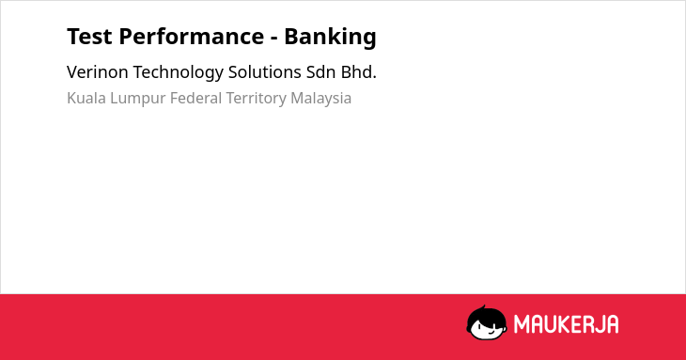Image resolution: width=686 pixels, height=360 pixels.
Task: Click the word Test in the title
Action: point(89,37)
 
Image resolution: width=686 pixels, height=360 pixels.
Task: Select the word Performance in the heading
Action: point(191,37)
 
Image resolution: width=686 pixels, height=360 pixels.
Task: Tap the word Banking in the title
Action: point(330,37)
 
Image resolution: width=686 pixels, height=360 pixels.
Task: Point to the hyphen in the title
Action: point(274,39)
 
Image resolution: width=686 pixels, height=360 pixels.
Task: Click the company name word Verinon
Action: point(97,72)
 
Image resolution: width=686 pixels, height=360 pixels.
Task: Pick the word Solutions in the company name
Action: point(265,72)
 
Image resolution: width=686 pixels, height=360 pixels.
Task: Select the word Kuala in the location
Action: point(86,98)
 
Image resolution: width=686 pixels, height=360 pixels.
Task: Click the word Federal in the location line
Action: point(195,98)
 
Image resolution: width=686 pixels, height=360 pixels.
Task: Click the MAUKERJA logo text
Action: point(566,324)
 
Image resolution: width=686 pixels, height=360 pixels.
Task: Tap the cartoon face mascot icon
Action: point(487,322)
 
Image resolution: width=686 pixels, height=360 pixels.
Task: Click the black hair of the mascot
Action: point(486,315)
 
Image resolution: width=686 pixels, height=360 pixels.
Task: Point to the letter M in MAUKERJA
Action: point(521,324)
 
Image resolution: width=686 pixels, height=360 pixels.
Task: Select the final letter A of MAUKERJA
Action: point(613,324)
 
